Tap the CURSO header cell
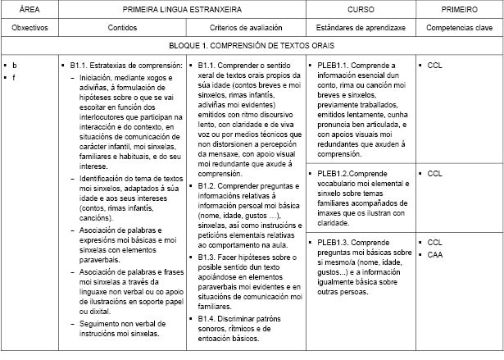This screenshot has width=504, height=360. (360, 9)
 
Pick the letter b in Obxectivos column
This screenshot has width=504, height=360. (14, 64)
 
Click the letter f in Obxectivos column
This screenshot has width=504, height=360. (14, 77)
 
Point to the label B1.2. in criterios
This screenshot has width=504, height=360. (207, 186)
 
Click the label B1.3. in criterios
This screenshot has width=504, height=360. (207, 257)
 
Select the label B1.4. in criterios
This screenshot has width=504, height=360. (207, 317)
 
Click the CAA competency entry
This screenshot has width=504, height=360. (435, 255)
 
